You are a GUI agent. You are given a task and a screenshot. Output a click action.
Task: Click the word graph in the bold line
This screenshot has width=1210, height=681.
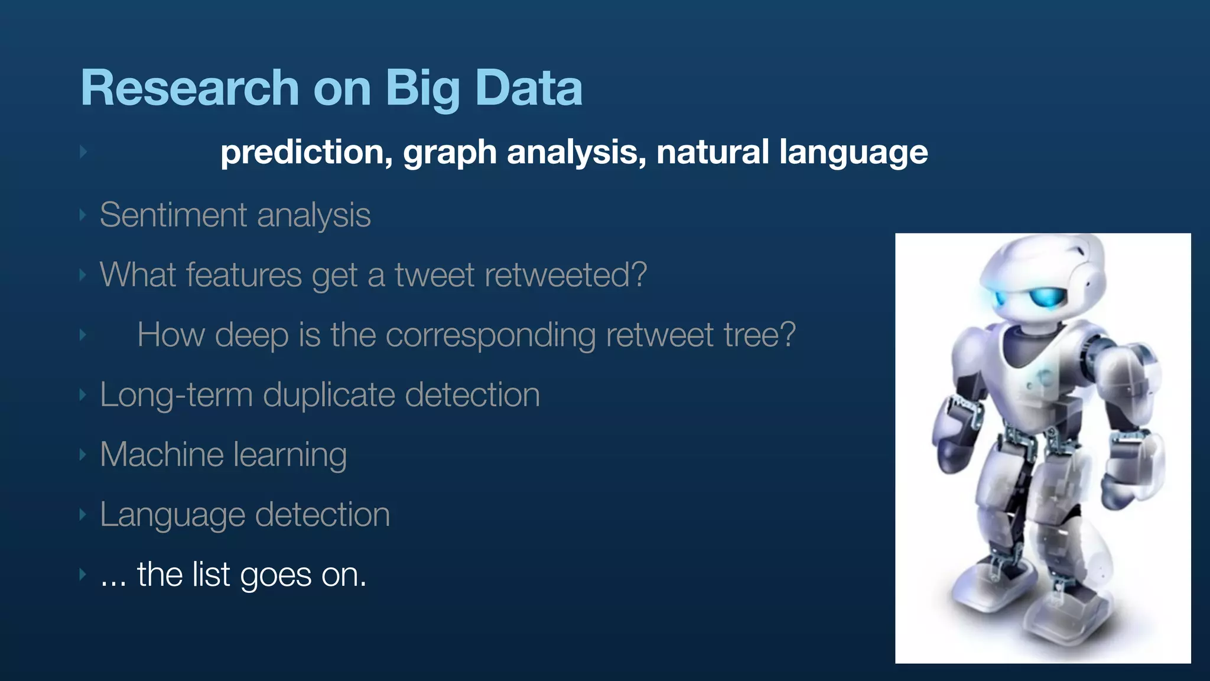click(x=450, y=153)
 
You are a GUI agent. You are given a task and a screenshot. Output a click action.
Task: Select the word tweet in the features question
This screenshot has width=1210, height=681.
click(x=435, y=275)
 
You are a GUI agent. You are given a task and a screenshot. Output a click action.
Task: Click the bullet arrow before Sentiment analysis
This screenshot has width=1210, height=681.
click(x=83, y=215)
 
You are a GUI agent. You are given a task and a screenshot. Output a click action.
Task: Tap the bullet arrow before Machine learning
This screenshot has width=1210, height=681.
click(x=83, y=455)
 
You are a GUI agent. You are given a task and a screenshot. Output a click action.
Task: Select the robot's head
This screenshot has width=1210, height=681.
click(x=1043, y=278)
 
